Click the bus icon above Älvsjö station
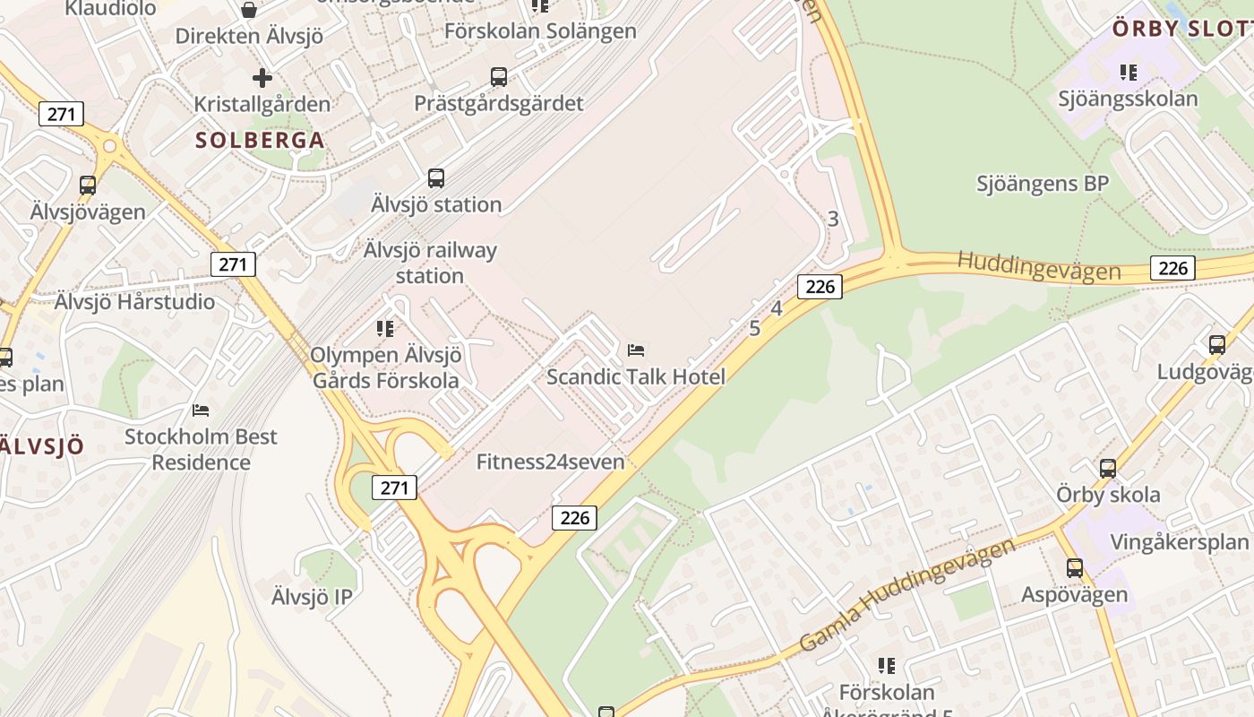coord(436,178)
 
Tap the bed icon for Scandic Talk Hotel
coord(636,350)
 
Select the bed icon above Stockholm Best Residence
coord(201,410)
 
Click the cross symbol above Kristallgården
coord(262,78)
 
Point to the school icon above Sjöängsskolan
coord(1128,73)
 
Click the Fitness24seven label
coord(550,462)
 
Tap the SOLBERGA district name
coord(260,141)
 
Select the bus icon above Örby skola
coord(1108,469)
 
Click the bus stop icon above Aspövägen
coord(1075,568)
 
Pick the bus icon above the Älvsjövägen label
coord(88,186)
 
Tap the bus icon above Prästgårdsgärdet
coord(499,77)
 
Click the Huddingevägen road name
coord(1038,266)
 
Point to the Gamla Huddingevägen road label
coord(906,594)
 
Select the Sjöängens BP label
coord(1043,184)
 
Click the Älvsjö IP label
coord(312,597)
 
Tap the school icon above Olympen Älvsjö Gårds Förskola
coord(385,329)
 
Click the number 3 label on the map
coord(833,219)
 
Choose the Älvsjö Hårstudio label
coord(134,302)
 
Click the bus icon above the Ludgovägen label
coord(1216,345)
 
